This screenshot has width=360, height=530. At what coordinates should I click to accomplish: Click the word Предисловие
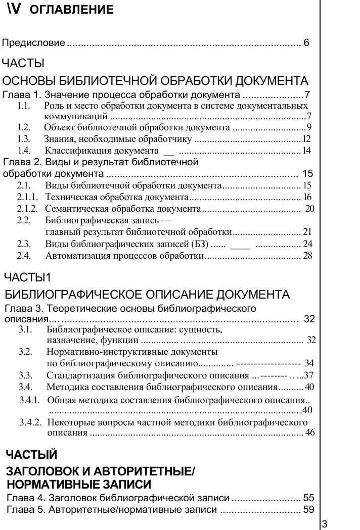click(x=33, y=43)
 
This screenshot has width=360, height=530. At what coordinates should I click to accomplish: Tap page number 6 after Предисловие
click(x=306, y=43)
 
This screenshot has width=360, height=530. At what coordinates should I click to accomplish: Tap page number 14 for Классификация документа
click(x=306, y=151)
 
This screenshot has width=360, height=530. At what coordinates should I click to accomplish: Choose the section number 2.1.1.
click(x=28, y=197)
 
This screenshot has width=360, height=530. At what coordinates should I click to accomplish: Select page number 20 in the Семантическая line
click(x=310, y=208)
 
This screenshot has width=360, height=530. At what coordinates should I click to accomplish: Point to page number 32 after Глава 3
click(x=309, y=319)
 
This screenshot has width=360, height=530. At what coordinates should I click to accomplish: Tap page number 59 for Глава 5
click(x=308, y=509)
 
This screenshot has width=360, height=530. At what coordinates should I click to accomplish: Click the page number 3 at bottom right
click(x=325, y=523)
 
